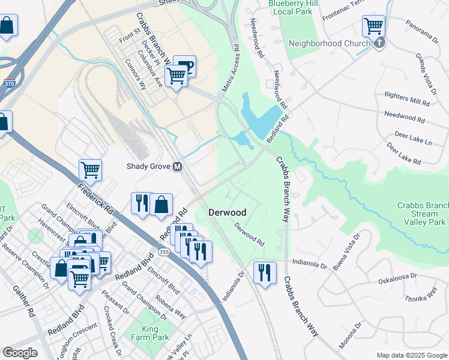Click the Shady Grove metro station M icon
[178, 167]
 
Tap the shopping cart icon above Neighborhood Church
[373, 26]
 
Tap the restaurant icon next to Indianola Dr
[264, 273]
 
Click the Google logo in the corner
[20, 353]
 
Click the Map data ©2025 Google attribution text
[411, 355]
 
